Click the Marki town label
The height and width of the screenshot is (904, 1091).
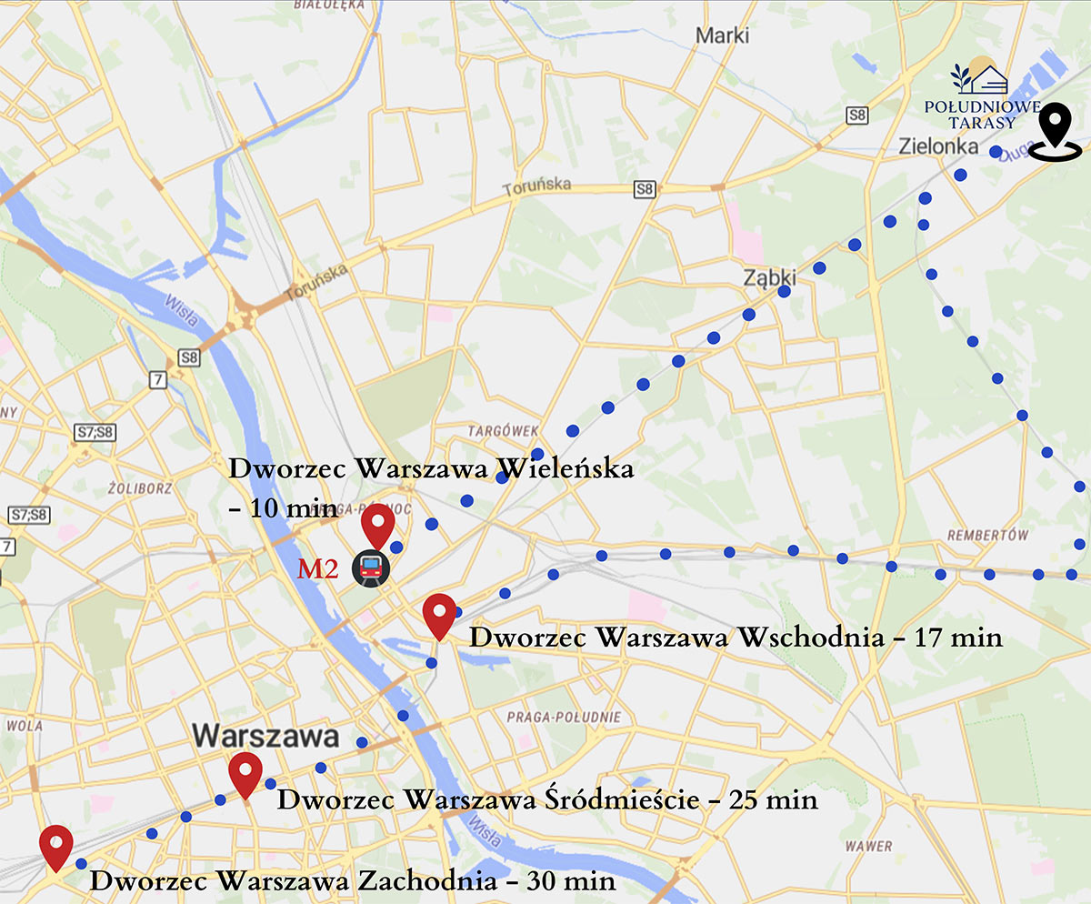(723, 35)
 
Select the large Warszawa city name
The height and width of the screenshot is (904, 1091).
(265, 736)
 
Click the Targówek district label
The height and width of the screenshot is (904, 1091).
(505, 430)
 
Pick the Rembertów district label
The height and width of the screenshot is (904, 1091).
(987, 535)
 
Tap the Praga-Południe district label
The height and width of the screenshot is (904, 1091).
(565, 717)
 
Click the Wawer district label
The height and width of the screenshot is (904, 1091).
(868, 846)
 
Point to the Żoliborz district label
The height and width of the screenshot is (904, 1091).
(139, 487)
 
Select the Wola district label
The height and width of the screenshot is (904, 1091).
(24, 726)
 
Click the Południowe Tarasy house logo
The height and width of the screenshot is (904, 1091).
(980, 77)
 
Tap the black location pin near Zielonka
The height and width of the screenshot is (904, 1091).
(1055, 132)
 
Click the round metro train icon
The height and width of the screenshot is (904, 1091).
(371, 568)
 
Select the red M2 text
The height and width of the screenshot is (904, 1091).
(318, 570)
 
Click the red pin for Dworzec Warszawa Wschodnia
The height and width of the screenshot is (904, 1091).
(439, 615)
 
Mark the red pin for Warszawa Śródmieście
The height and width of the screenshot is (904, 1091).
(245, 774)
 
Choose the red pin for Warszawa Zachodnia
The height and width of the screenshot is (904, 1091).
(56, 847)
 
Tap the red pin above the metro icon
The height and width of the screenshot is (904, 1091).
(377, 525)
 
